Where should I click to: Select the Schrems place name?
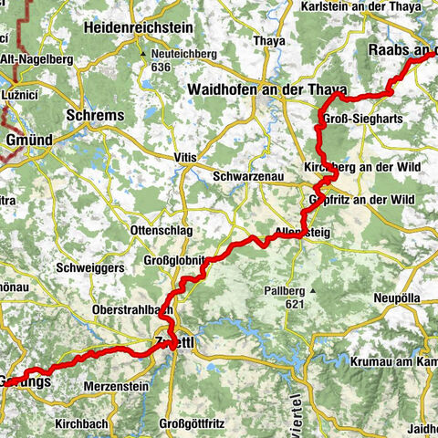95,116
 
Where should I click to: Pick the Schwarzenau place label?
245,176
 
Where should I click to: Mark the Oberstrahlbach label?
132,310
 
